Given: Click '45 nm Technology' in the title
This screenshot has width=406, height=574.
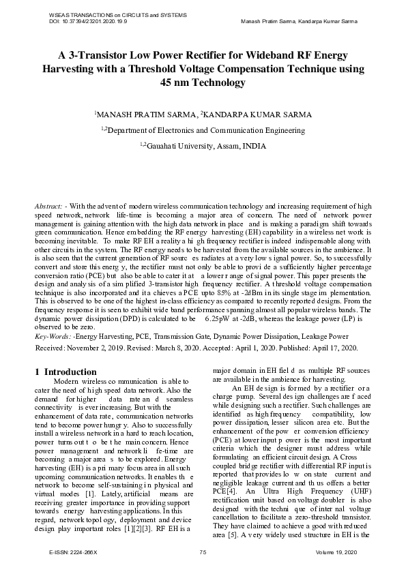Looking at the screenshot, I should [x=203, y=82].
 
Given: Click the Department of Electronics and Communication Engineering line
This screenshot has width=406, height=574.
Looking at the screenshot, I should [x=203, y=130].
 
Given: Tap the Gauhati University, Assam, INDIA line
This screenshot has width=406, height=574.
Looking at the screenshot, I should [x=203, y=145].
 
